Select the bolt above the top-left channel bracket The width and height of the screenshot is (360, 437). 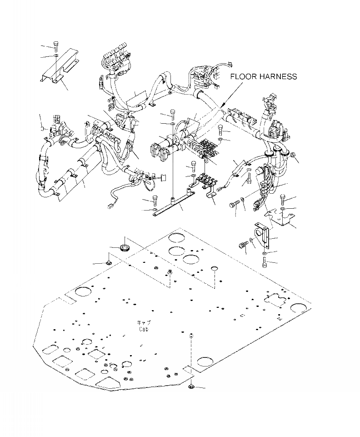pyautogui.click(x=55, y=45)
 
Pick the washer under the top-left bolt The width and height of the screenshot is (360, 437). pyautogui.click(x=55, y=55)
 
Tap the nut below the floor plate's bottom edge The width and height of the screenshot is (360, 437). pyautogui.click(x=191, y=387)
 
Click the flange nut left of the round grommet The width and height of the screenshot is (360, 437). pyautogui.click(x=110, y=262)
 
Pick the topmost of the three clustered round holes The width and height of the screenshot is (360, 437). pyautogui.click(x=175, y=238)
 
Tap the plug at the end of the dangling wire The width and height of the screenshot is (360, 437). pyautogui.click(x=109, y=209)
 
